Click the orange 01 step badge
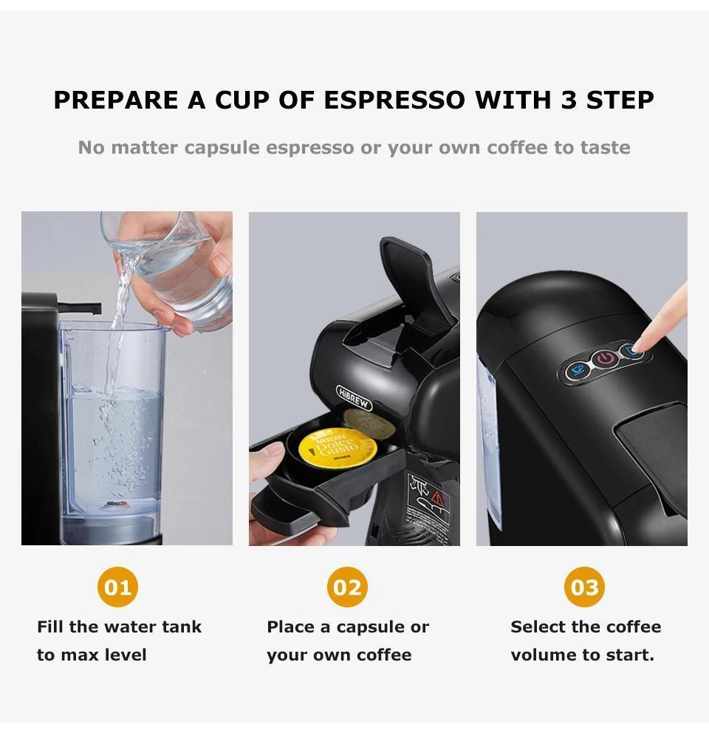click(117, 587)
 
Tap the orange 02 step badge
click(347, 587)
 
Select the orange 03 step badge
click(585, 587)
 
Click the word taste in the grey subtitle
click(605, 147)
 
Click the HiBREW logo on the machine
click(354, 397)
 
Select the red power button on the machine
click(605, 359)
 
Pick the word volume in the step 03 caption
click(538, 655)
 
